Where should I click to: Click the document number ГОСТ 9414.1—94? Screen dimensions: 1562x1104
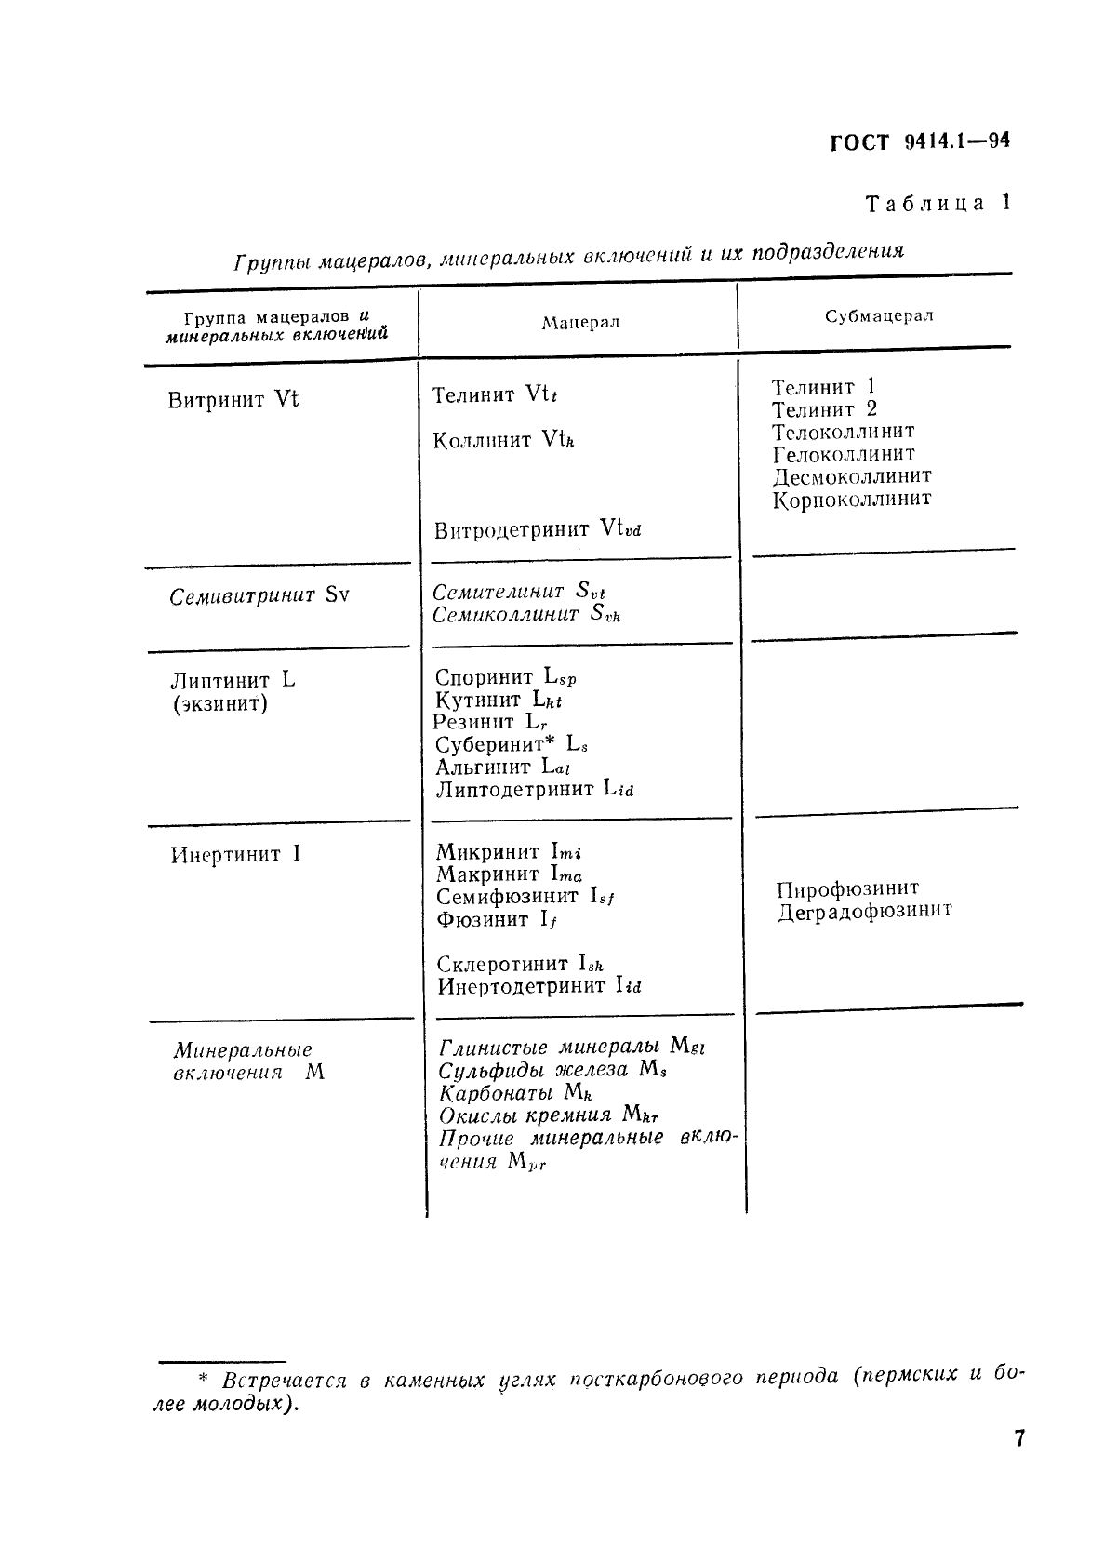point(918,141)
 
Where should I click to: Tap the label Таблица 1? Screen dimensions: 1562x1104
point(937,203)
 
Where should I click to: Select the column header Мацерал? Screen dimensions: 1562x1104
point(580,322)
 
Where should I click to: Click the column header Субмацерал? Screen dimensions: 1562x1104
point(879,315)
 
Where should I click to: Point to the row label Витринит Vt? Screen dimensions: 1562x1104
point(233,400)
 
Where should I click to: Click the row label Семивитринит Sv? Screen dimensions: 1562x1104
point(259,595)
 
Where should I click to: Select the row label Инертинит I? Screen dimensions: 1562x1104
point(235,854)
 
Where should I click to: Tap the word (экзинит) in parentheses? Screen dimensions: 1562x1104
point(220,703)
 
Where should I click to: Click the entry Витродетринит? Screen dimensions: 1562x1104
point(512,530)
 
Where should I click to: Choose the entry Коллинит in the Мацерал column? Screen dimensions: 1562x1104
point(483,440)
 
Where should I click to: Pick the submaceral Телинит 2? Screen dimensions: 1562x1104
point(824,409)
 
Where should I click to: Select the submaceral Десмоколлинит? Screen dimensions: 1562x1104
point(852,476)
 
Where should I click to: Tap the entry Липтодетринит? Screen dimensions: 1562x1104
point(514,789)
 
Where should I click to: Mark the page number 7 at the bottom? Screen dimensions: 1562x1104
point(1018,1438)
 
